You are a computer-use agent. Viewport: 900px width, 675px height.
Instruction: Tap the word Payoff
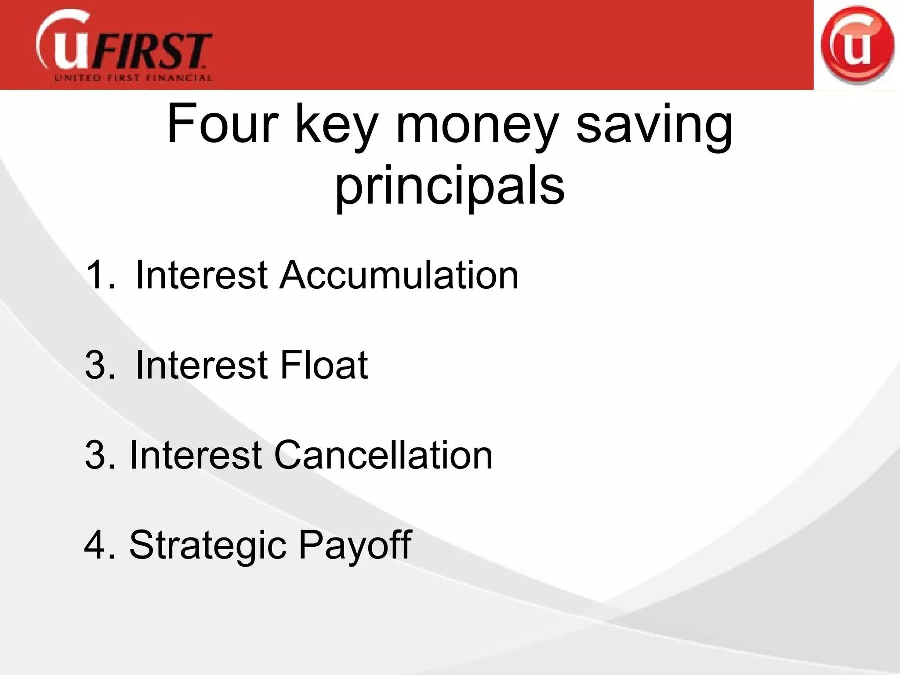pyautogui.click(x=355, y=546)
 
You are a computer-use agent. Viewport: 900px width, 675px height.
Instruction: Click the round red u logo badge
pyautogui.click(x=856, y=45)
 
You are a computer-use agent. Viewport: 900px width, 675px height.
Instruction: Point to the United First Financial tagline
pyautogui.click(x=133, y=79)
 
